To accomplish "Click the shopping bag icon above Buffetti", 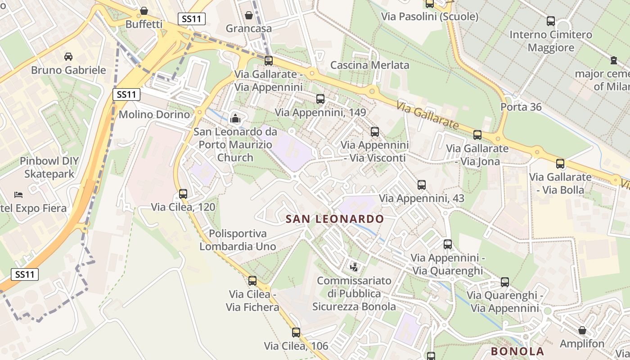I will click(144, 10).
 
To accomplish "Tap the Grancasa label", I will click(249, 28).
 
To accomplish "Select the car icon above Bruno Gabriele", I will click(68, 56).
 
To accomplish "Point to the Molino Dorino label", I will click(154, 114).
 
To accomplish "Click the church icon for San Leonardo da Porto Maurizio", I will click(235, 119).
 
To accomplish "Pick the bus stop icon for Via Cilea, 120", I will click(183, 194).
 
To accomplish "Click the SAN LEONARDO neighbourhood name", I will click(335, 219).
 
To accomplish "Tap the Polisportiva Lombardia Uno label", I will click(238, 240).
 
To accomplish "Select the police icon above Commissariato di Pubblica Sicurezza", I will click(354, 267).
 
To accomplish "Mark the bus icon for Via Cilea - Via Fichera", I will click(252, 281).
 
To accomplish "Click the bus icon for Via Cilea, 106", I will click(296, 333).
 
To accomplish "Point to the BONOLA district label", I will click(517, 351).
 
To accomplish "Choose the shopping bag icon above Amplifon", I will click(582, 330).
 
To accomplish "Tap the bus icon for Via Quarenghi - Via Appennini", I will click(505, 282).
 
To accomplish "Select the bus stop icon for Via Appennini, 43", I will click(422, 184).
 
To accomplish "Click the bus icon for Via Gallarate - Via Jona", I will click(477, 135).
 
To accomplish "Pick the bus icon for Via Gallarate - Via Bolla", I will click(560, 164).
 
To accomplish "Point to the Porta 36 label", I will click(521, 107).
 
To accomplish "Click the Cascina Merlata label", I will click(370, 65).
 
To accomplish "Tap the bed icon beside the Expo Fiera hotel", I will click(18, 194).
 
